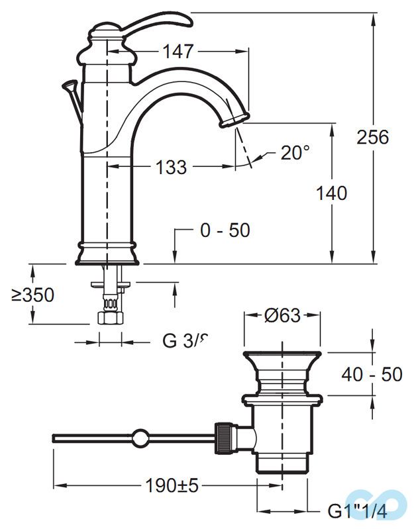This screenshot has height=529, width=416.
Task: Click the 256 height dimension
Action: [372, 137]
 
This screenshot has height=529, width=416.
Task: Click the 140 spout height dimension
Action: [331, 193]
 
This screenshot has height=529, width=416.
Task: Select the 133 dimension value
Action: [171, 168]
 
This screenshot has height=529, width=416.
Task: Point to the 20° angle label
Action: [294, 153]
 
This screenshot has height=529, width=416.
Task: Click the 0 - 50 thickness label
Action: [225, 230]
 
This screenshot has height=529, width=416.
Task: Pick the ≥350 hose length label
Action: [32, 295]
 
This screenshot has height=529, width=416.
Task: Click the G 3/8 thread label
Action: [185, 342]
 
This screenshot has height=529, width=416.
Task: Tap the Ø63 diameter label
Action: [283, 315]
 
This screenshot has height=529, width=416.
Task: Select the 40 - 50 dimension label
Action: [372, 374]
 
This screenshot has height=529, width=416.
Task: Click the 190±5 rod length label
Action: [172, 485]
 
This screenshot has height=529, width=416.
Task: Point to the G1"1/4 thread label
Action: [357, 511]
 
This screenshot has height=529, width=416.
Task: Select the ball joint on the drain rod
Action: [140, 437]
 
